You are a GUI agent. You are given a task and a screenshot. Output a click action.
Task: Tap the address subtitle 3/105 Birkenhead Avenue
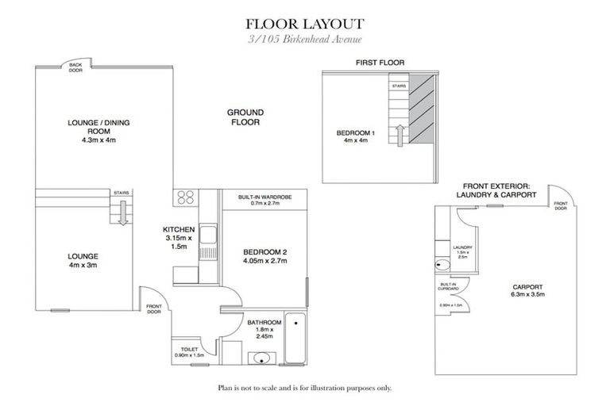pos(305,40)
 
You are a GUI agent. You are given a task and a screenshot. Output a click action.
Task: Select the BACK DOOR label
pos(75,67)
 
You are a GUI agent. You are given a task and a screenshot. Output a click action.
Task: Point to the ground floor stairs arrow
pos(123,213)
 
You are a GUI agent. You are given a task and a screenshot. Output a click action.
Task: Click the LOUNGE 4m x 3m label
pos(83,261)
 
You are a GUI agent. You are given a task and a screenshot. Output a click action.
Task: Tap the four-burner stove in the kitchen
pos(186,197)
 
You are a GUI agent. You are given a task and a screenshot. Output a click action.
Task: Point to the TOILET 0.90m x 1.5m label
pos(188,351)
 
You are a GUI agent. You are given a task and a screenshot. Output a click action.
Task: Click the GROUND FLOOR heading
pos(246,117)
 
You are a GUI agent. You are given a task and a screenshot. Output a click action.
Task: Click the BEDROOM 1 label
pos(353,136)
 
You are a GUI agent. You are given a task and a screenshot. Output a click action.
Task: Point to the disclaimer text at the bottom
pos(305,389)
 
